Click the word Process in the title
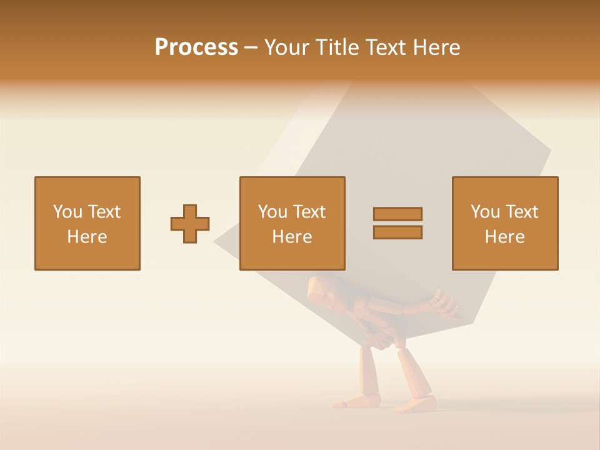(196, 47)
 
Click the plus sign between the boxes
(190, 224)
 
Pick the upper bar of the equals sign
(397, 214)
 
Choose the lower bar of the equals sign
(397, 232)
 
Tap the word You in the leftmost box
(67, 212)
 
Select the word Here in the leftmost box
(87, 237)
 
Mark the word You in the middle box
(272, 212)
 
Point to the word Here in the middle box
(292, 237)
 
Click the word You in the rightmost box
(485, 212)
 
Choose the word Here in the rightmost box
(505, 237)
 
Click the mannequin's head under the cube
(322, 291)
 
